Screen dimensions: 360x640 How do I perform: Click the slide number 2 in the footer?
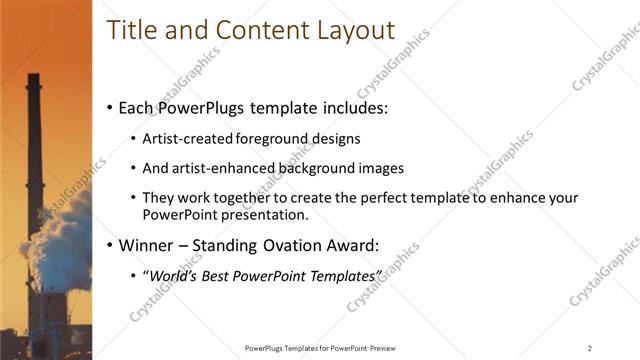pos(590,348)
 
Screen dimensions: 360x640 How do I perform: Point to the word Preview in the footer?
pos(380,348)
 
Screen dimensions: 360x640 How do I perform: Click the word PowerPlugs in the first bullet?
pos(201,107)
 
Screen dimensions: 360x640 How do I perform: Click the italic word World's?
pos(171,275)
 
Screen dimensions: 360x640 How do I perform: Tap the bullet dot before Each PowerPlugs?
pos(110,107)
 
